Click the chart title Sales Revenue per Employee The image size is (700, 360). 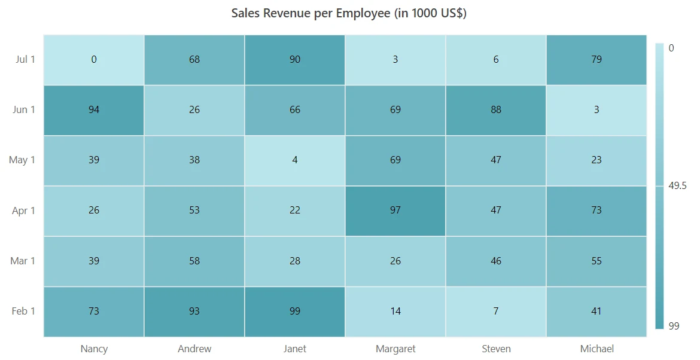(349, 13)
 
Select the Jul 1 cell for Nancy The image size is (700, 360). (94, 60)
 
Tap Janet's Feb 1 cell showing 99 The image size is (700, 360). (294, 312)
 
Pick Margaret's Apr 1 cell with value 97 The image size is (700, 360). (395, 210)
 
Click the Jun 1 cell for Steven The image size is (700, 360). (495, 110)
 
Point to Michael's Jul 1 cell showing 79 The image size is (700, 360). (596, 60)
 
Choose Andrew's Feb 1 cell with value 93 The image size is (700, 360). (194, 312)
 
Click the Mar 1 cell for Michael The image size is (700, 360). (596, 261)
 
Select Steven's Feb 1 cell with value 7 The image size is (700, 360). (495, 312)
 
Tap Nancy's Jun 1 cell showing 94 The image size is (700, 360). (94, 110)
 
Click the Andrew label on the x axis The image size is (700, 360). (194, 349)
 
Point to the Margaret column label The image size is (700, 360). (395, 349)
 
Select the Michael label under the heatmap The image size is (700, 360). (597, 349)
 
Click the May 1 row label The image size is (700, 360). (22, 160)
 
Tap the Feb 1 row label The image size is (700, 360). (23, 311)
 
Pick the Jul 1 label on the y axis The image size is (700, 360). (25, 59)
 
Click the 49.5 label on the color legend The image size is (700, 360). (677, 185)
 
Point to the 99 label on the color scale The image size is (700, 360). (674, 326)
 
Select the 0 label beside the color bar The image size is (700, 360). (671, 48)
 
